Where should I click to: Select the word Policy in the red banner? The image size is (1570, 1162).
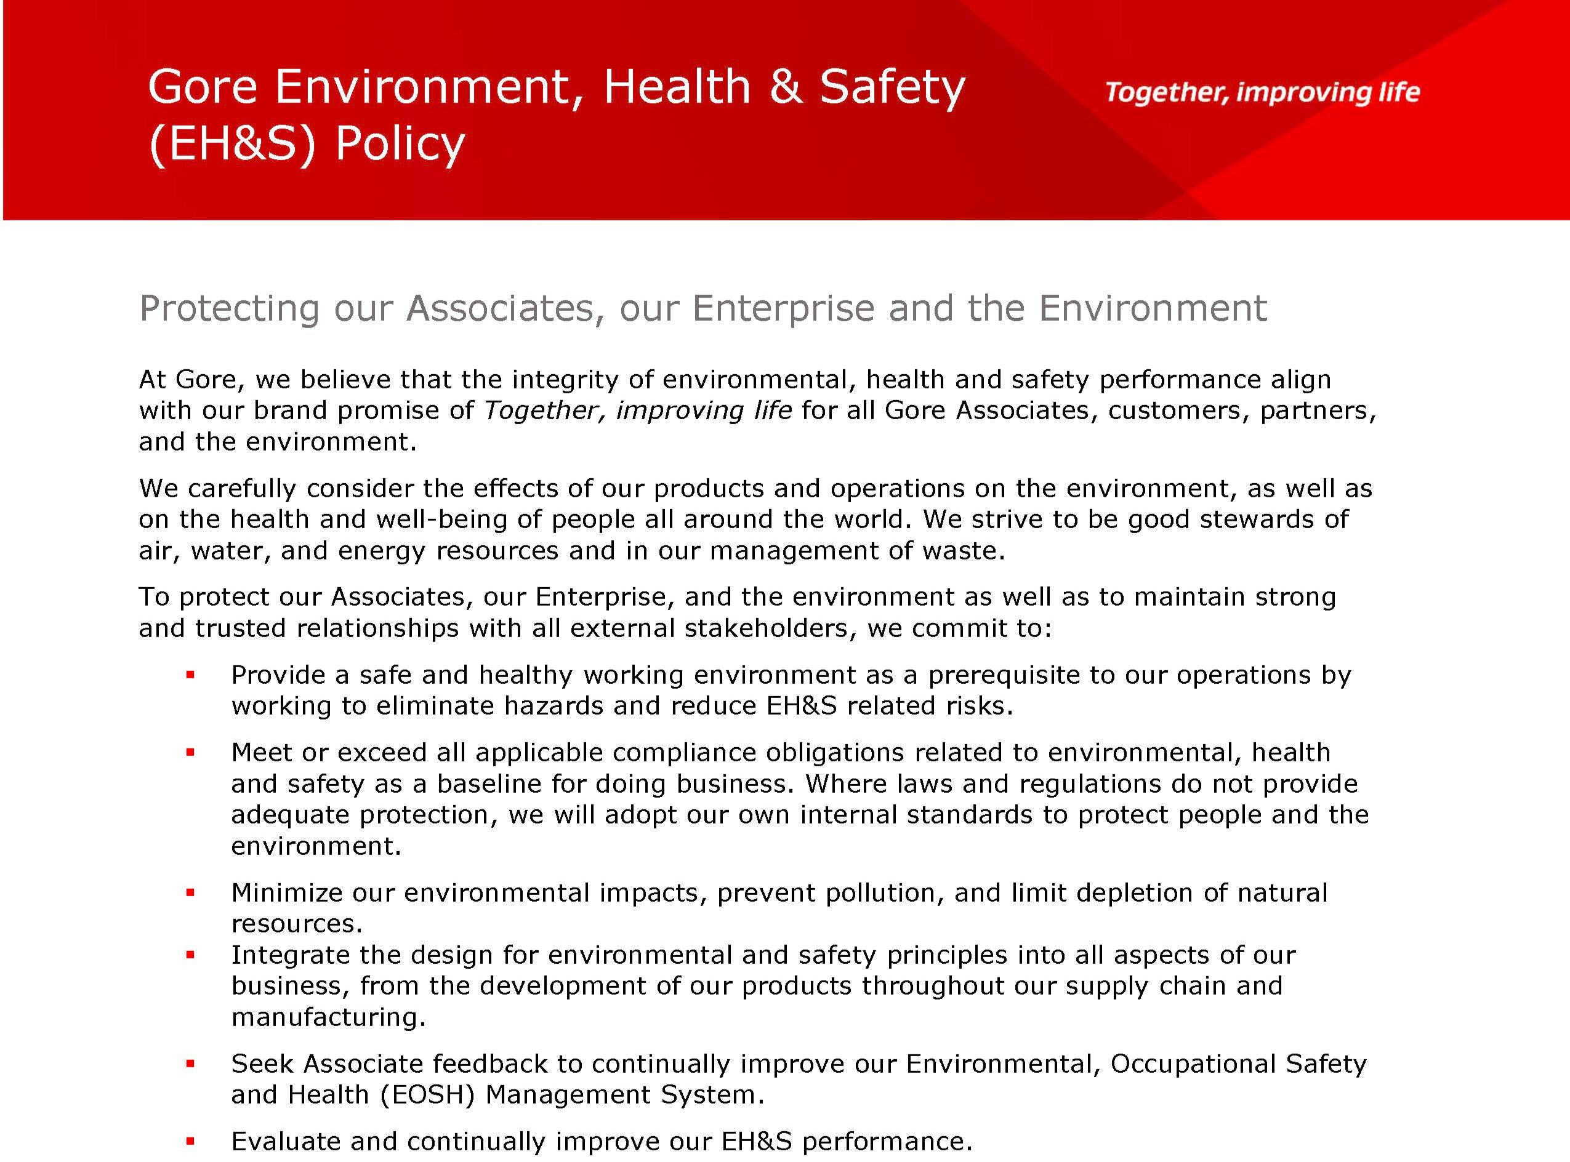(x=400, y=144)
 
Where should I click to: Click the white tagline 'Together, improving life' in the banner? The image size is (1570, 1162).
(x=1262, y=92)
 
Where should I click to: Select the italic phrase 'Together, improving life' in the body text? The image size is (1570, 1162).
(x=638, y=411)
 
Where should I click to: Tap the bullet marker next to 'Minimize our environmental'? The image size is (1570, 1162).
(x=190, y=892)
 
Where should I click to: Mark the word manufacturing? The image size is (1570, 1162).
(x=328, y=1017)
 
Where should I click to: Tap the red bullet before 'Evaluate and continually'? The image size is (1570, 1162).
(x=190, y=1141)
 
